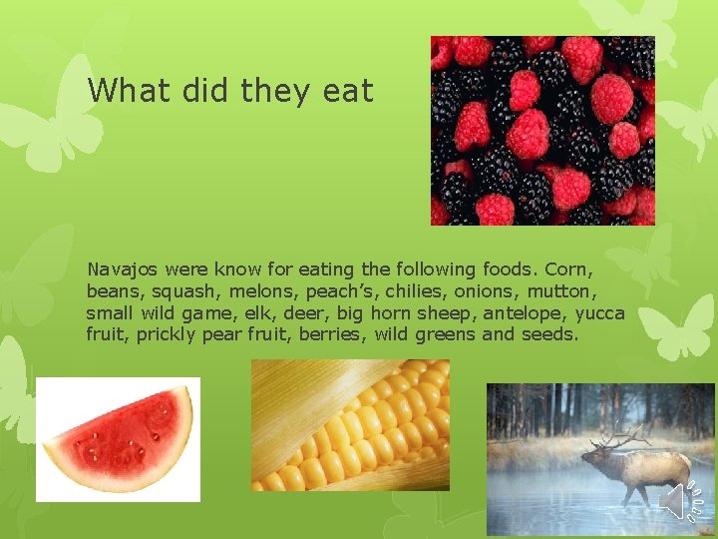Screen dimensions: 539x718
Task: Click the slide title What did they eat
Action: click(x=230, y=91)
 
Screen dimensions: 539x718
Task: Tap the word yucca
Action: click(x=600, y=313)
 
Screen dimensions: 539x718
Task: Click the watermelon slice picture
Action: click(x=118, y=439)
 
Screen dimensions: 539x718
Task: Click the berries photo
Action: click(x=541, y=130)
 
